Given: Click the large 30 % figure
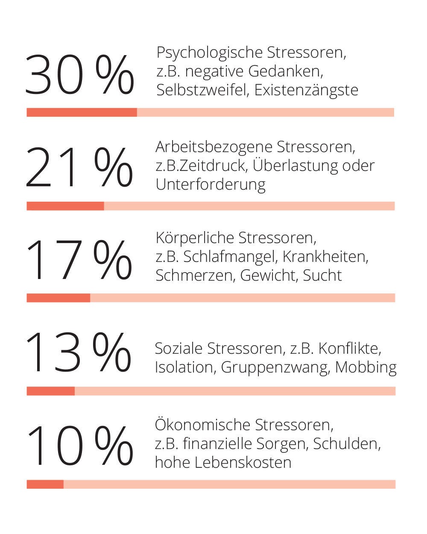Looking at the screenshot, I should [x=79, y=75].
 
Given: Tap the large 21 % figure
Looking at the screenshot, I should [x=79, y=167].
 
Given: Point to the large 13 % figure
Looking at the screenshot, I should [x=79, y=352].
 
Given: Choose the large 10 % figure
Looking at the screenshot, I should [x=79, y=446].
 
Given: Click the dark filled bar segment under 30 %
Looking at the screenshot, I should [x=82, y=112].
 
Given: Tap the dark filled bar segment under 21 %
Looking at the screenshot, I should [x=65, y=206].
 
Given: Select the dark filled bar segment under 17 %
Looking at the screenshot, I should [x=58, y=298].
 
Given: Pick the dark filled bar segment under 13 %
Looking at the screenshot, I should [x=51, y=391].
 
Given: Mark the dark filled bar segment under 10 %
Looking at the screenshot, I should [x=45, y=484].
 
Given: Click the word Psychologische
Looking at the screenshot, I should [x=209, y=53].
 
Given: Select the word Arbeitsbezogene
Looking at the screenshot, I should [x=214, y=147].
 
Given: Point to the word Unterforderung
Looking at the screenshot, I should [x=211, y=185].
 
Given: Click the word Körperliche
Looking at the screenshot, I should [x=195, y=238].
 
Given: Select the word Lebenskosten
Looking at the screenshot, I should [x=243, y=462].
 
